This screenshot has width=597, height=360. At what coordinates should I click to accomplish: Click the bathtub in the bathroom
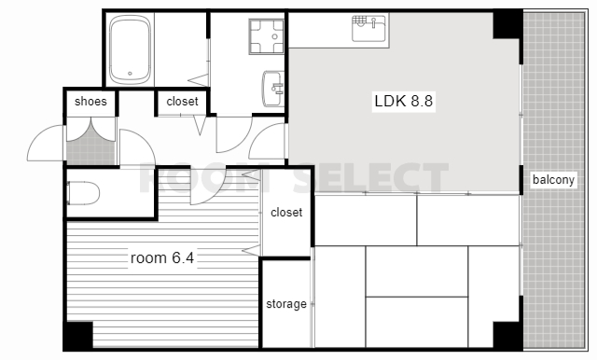pos(130,49)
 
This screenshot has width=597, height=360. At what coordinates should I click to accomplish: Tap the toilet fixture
pos(83,193)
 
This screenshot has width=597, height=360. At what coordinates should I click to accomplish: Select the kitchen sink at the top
pos(368,28)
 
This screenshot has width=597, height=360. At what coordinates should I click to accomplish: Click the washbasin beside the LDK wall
pos(273,89)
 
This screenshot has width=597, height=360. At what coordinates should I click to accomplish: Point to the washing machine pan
pos(267,36)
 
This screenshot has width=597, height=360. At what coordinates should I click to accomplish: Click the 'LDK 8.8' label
pos(404,102)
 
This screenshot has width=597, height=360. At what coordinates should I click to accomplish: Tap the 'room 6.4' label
pos(162,258)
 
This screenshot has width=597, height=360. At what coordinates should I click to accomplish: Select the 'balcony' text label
pos(553,179)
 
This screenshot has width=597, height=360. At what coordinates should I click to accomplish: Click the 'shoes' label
pos(90,102)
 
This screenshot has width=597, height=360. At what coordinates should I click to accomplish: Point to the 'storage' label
pos(286,304)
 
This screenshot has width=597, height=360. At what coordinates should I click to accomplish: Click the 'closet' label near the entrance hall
pos(183,102)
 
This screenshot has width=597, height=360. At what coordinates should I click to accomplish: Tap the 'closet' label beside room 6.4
pos(286,212)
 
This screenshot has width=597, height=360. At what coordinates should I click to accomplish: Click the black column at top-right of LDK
pos(507,24)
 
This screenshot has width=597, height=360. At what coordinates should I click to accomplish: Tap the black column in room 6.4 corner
pos(78,335)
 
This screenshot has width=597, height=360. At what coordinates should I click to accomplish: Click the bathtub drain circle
pos(130,74)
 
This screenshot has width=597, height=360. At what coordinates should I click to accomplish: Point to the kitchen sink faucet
pos(373,22)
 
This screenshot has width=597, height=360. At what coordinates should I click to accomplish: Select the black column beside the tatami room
pos(507,335)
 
